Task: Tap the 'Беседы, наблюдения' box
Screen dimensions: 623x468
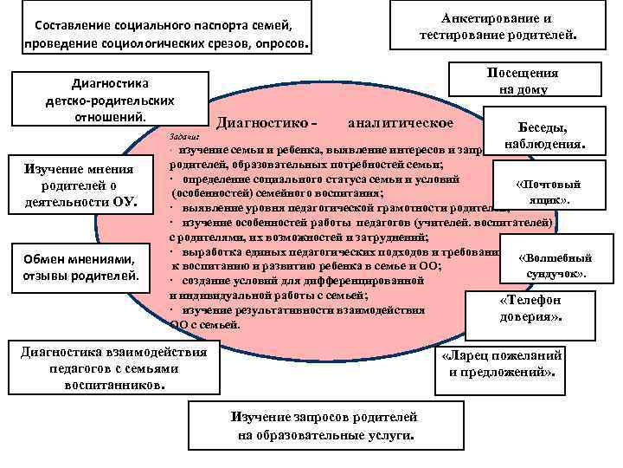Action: (542, 133)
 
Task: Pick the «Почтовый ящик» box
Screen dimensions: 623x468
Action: (547, 193)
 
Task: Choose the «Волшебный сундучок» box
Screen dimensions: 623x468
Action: (554, 266)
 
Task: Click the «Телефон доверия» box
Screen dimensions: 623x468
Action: (530, 309)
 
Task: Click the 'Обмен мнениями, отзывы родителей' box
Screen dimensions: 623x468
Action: (80, 267)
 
